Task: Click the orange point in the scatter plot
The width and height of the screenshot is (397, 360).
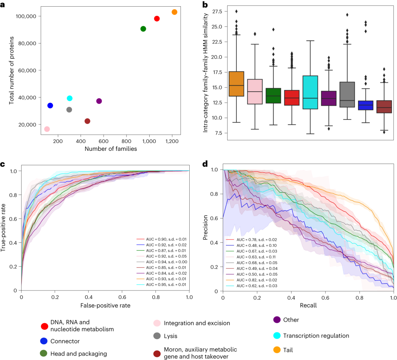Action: (x=174, y=12)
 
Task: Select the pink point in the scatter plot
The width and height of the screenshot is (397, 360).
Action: (x=47, y=129)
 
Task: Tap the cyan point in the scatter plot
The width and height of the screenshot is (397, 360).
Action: (x=69, y=98)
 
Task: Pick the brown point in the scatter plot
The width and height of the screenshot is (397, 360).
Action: (x=87, y=121)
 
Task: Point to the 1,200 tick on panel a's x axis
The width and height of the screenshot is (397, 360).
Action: (x=172, y=141)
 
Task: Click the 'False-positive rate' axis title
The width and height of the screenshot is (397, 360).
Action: (x=105, y=305)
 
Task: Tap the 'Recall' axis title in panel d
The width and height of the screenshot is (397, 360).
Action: (x=308, y=305)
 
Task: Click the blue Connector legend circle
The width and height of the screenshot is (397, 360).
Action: (x=44, y=341)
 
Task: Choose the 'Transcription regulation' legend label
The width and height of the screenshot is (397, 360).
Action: (x=316, y=336)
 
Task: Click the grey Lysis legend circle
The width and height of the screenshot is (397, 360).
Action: (x=157, y=336)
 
